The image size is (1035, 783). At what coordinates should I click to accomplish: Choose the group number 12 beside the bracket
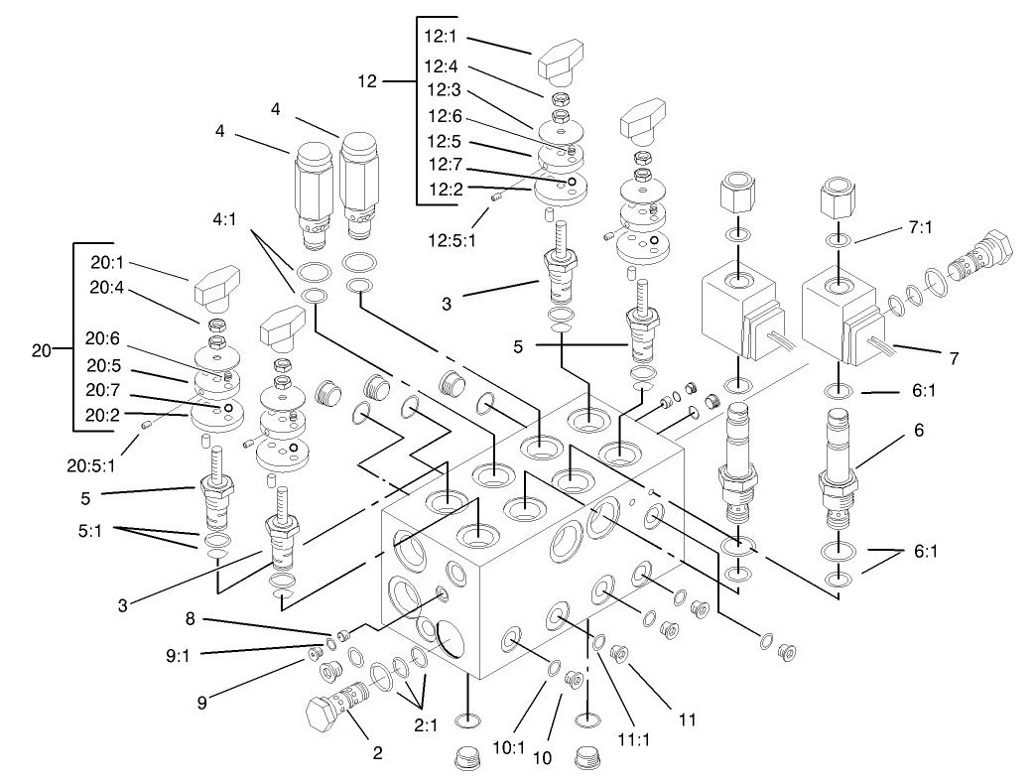(x=368, y=80)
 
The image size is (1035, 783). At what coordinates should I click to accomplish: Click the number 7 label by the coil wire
(x=953, y=356)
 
